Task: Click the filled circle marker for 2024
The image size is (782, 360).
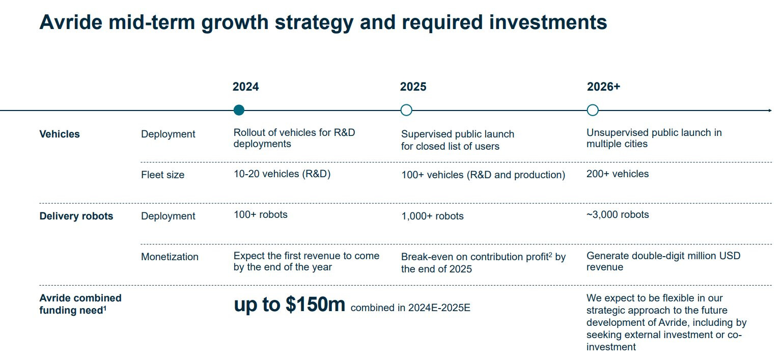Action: point(239,110)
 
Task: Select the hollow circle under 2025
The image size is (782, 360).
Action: point(406,110)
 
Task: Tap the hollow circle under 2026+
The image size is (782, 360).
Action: point(593,110)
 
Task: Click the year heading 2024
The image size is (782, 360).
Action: point(245,87)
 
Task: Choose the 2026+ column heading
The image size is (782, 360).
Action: point(603,87)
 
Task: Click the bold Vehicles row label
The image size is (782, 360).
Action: point(60,134)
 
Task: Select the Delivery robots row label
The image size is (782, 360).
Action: point(76,216)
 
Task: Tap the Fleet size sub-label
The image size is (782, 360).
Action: point(162,175)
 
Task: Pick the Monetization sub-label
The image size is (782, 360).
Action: point(170,257)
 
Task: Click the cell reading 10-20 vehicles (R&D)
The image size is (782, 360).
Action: point(282,174)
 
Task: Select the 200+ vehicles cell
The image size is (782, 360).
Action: point(618,174)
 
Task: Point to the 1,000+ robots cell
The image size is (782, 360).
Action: point(432,216)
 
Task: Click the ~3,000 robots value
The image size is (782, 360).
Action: point(618,215)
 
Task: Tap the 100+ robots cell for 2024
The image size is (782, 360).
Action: point(260,215)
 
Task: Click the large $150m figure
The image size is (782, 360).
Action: point(315,304)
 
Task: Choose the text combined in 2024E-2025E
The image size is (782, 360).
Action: point(410,308)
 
